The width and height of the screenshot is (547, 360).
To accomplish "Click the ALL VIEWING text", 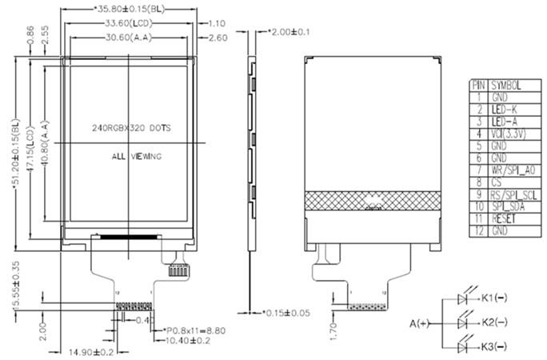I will click(x=136, y=156).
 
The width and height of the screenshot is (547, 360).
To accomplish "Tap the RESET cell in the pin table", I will click(x=504, y=218).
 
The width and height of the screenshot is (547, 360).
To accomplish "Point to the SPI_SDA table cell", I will click(x=507, y=206).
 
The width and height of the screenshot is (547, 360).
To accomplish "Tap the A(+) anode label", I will click(x=421, y=322).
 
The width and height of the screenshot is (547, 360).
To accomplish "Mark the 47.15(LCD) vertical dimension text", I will click(x=30, y=146).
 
